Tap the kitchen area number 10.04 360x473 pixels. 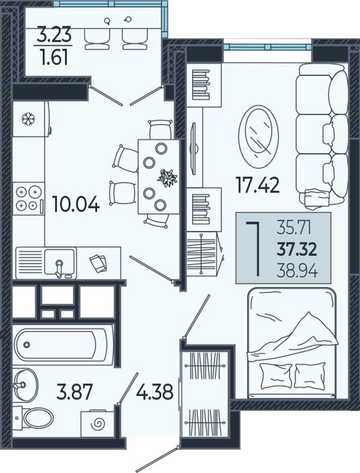76,204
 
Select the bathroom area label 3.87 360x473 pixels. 74,392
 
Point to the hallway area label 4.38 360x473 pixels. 155,392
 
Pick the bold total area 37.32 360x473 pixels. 297,250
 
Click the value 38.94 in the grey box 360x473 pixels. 297,272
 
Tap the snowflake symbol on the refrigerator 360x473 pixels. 28,119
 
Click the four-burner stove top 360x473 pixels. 29,199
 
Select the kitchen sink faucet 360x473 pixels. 59,267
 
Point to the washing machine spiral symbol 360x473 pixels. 98,425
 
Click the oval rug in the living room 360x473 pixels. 259,137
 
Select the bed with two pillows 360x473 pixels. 292,343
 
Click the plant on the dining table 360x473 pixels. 167,178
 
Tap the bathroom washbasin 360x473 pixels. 25,385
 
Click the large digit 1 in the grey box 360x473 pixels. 253,249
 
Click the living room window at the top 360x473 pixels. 268,46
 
